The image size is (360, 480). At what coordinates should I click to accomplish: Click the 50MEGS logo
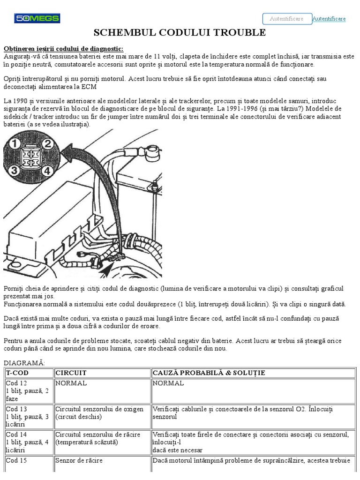click(37, 18)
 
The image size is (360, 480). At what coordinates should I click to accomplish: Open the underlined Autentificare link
click(329, 19)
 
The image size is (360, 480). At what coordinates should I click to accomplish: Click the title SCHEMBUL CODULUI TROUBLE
click(180, 32)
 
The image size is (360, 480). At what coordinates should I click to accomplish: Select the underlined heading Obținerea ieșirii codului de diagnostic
click(64, 49)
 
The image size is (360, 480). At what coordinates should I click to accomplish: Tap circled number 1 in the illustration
click(14, 143)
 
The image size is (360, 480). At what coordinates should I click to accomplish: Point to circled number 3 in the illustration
click(14, 170)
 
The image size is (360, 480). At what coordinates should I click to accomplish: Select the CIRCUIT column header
click(71, 373)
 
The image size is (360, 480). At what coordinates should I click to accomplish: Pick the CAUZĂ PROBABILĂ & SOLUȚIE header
click(209, 373)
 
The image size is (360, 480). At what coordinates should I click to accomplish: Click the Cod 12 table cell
click(29, 391)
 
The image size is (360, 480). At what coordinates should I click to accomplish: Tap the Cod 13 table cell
click(29, 416)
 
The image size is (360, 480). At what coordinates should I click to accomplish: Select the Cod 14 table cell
click(29, 442)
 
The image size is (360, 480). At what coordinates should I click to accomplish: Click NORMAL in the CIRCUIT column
click(71, 383)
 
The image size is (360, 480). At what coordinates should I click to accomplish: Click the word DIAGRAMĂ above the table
click(24, 363)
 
